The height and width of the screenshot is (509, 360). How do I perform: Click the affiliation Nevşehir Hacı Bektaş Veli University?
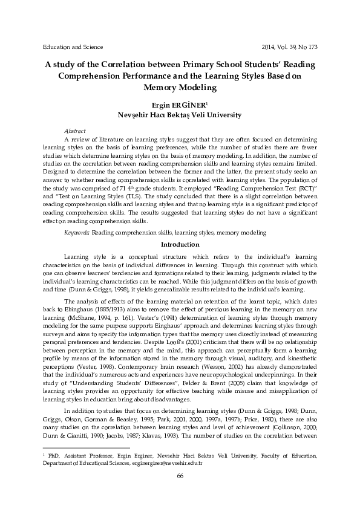point(180,115)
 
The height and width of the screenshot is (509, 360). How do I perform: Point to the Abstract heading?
point(74,131)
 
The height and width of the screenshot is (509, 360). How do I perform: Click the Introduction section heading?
point(179,244)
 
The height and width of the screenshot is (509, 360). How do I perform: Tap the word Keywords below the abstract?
point(77,232)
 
